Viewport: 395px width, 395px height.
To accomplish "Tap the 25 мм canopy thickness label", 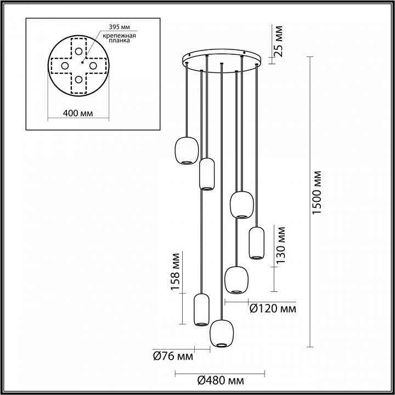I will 279,41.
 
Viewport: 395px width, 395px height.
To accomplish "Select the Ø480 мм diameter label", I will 220,380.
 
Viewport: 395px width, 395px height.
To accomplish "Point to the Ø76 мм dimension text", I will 172,357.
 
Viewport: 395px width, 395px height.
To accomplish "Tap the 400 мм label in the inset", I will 77,114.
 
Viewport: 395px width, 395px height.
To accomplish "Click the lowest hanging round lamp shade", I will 221,332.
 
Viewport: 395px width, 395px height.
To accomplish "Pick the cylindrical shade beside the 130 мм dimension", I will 256,242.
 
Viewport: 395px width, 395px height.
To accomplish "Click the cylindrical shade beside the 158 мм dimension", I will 202,309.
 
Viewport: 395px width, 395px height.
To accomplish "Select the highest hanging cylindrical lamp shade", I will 207,173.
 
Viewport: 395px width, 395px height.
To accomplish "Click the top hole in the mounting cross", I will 80,52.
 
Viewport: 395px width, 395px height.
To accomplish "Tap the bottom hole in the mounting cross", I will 80,80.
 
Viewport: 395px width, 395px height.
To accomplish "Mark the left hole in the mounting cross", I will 65,66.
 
